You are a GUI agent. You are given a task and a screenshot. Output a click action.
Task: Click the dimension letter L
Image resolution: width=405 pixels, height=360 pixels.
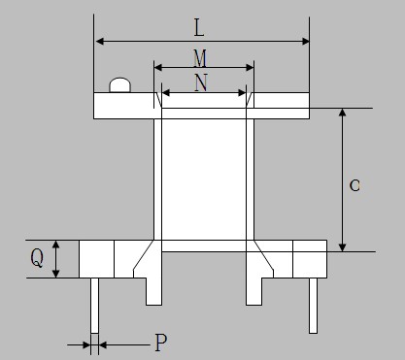point(199,28)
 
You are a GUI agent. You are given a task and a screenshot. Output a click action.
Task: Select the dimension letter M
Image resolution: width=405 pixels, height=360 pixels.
point(200,58)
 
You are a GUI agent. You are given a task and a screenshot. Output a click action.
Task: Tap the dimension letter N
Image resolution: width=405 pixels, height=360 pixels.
point(201,82)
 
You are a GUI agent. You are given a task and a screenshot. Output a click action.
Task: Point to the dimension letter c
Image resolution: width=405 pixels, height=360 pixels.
point(354,185)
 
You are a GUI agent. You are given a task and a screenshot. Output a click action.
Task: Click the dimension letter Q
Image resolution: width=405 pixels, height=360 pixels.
point(37,258)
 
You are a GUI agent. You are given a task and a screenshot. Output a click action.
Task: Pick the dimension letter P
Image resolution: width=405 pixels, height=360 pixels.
point(161,343)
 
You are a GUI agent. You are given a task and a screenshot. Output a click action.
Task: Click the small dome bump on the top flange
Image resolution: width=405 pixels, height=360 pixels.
point(120,85)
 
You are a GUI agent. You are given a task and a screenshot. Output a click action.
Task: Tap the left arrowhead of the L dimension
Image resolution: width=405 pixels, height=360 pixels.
point(100,42)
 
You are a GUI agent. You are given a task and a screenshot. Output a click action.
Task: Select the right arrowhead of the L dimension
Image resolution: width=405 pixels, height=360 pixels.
point(305,42)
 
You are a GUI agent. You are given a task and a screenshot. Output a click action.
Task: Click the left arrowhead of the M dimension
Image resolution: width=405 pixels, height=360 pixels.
point(158,68)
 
